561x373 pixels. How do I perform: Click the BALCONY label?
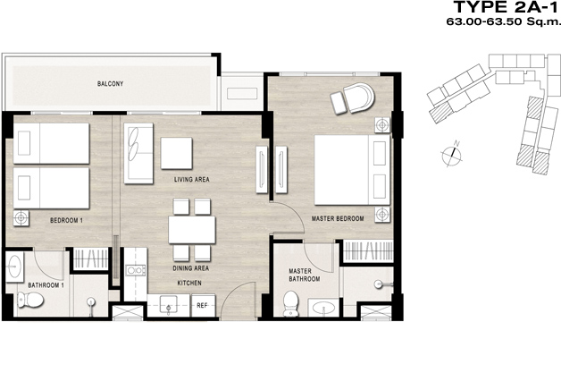[x=110, y=83]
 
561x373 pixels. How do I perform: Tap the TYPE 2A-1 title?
[x=506, y=7]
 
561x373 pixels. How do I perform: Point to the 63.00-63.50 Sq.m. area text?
[x=502, y=21]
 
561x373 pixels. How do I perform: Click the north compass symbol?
[x=452, y=155]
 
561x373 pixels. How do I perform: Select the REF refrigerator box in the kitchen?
[x=203, y=305]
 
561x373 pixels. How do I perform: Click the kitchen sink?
[x=169, y=305]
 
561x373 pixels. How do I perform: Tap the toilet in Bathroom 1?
[x=30, y=300]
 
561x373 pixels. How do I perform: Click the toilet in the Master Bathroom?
[x=290, y=304]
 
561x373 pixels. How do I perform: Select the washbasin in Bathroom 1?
[x=14, y=267]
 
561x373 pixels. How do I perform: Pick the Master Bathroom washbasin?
[x=323, y=308]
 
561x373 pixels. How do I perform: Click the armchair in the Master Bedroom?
[x=358, y=97]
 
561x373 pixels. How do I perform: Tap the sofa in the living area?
[x=138, y=153]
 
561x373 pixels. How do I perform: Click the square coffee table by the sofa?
[x=176, y=153]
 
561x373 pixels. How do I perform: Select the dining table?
[x=192, y=230]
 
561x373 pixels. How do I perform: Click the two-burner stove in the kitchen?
[x=137, y=270]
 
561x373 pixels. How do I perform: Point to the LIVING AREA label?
[x=192, y=179]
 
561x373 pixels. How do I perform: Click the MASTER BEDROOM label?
[x=338, y=218]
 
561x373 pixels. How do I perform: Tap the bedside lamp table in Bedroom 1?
[x=21, y=218]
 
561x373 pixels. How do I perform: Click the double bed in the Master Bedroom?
[x=353, y=170]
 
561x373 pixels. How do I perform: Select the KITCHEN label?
[x=189, y=283]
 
